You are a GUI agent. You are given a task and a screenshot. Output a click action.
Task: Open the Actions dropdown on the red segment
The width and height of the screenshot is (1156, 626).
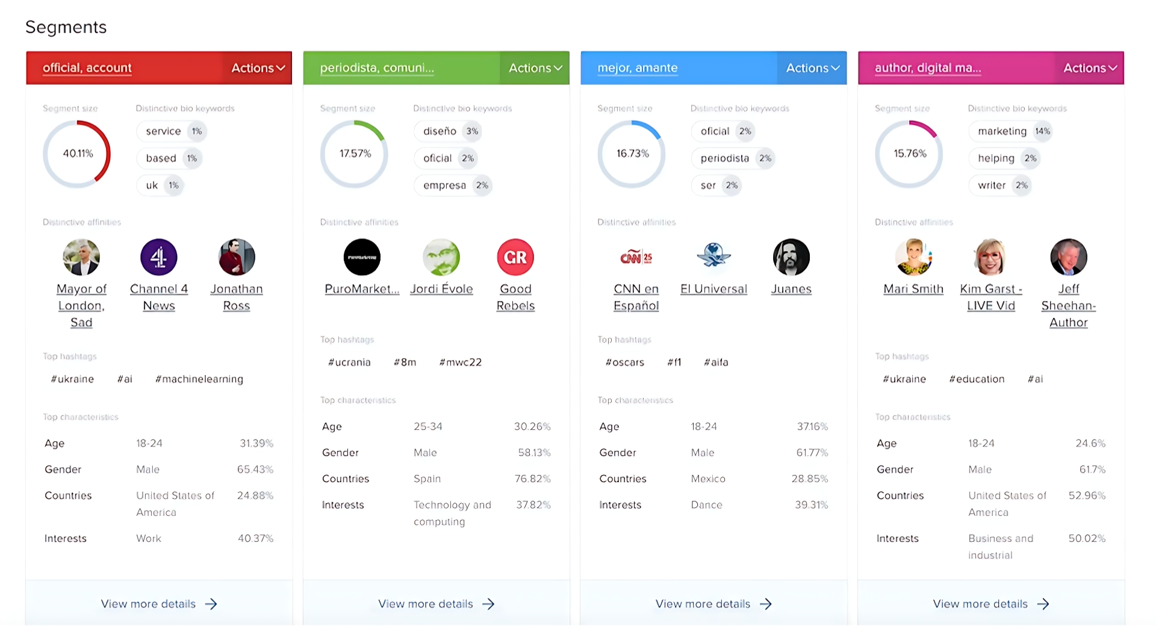coord(258,68)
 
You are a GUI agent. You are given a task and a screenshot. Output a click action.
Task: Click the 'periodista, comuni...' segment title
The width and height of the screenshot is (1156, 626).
coord(377,68)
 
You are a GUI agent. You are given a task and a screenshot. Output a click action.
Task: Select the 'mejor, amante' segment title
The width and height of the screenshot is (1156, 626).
coord(638,68)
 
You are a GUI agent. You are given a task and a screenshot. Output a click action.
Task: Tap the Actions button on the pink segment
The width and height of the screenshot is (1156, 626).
coord(1090,68)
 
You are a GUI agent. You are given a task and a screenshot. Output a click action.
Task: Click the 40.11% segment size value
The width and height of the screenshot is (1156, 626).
coord(78,153)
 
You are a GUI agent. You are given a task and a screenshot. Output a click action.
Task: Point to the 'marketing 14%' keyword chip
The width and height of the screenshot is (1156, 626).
coord(1010,131)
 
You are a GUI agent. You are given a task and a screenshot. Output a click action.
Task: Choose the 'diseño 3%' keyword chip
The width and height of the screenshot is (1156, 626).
coord(447,131)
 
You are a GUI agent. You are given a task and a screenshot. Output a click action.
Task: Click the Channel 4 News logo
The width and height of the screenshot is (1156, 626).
coord(158,257)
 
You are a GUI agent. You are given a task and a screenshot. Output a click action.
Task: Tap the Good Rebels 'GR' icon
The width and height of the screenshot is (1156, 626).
coord(515,257)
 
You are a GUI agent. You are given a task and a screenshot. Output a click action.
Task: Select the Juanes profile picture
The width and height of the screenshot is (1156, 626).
coord(791,257)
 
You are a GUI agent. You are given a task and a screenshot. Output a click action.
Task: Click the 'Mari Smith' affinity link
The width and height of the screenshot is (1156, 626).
coord(913,289)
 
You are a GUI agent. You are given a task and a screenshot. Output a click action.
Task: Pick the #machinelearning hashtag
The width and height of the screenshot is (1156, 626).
coord(199,379)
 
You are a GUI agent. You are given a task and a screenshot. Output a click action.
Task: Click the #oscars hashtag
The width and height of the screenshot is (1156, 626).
coord(625,362)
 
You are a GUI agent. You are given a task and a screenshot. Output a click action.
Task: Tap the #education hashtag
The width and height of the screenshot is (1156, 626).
coord(977,379)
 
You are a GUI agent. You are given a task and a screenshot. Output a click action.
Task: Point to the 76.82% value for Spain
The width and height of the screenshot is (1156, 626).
coord(532,479)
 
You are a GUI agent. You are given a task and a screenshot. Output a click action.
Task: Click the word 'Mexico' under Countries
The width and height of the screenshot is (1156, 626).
coord(708,479)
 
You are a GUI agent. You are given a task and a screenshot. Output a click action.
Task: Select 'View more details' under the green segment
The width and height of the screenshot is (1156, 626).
coord(426,604)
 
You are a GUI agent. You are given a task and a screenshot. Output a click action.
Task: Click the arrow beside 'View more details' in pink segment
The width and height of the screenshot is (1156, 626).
coord(1043,604)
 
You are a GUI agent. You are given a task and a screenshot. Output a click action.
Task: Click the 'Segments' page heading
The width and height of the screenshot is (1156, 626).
coord(66,27)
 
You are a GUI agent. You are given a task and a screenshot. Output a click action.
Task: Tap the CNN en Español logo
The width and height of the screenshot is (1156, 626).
coord(636,257)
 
